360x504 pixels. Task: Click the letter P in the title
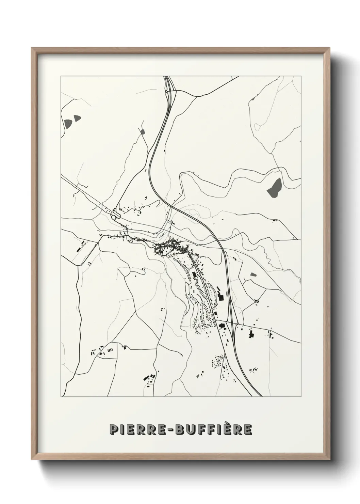113,430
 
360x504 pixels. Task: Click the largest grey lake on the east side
274,188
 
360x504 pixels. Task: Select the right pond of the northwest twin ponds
77,119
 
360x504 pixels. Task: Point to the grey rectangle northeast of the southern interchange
253,274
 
